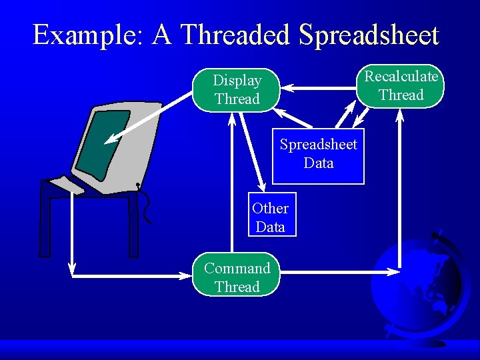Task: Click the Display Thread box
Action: tap(237, 90)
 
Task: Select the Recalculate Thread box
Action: tap(401, 85)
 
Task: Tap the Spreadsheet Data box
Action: tap(318, 154)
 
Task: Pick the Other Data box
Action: tap(270, 217)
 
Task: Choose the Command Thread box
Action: tap(237, 277)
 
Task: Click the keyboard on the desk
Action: tap(67, 184)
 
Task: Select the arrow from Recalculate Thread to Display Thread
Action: tap(320, 87)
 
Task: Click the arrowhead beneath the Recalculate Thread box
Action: tap(400, 115)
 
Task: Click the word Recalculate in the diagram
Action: tap(401, 76)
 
